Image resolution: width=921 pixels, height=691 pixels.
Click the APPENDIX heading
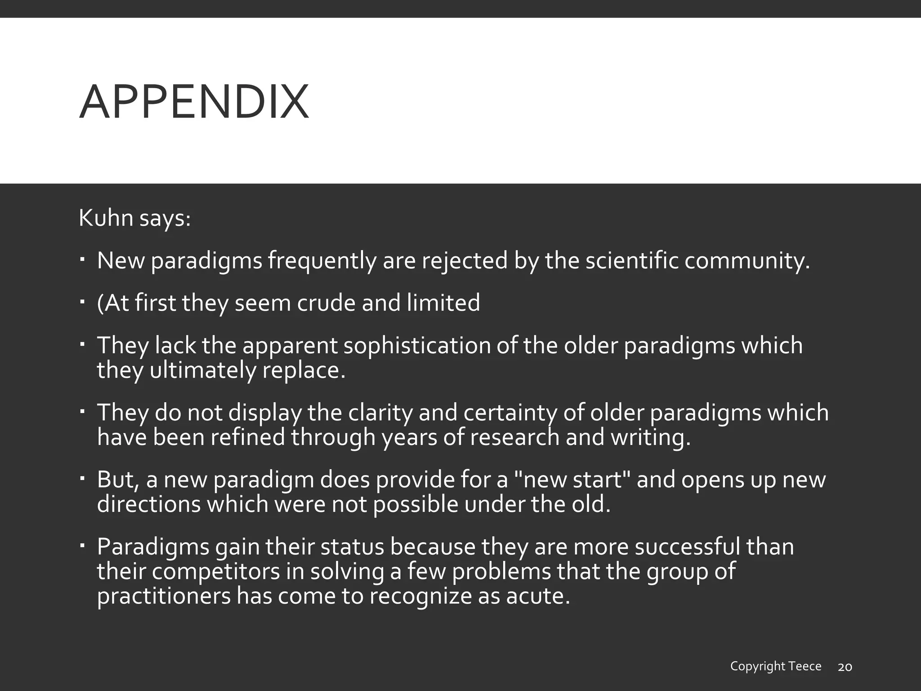194,103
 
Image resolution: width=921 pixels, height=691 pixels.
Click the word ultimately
202,370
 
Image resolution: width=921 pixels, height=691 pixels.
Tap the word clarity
359,413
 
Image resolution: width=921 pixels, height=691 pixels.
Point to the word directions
148,504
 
